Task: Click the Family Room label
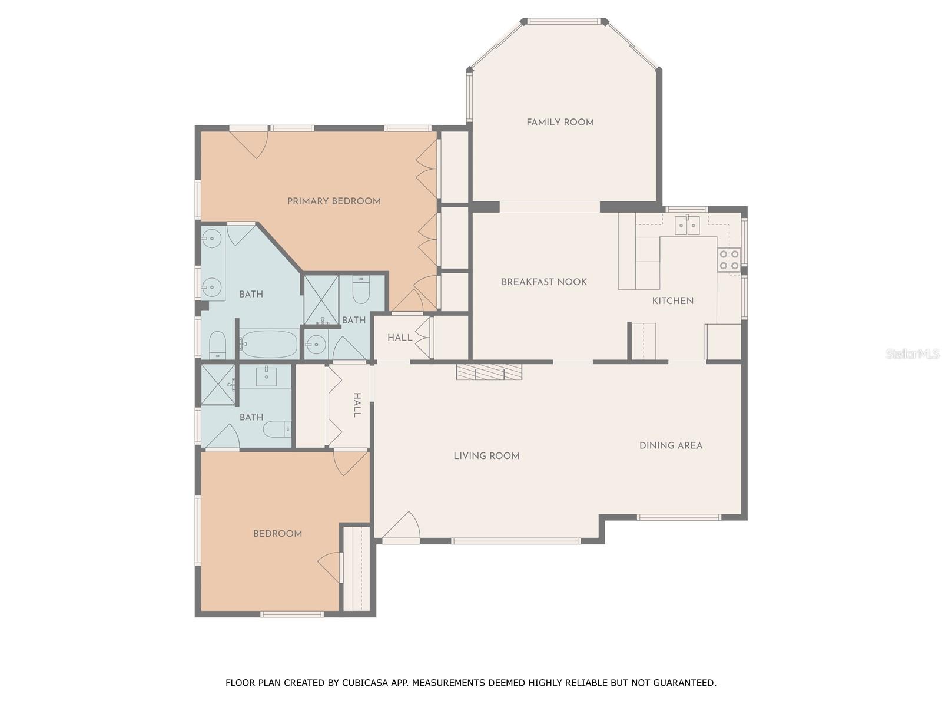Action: [560, 122]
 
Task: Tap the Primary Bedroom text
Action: [334, 201]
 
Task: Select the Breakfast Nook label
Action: [544, 282]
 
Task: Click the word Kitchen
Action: [672, 300]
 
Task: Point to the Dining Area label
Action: [671, 445]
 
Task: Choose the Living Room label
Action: [486, 455]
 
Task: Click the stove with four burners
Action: [729, 260]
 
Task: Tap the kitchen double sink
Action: [686, 225]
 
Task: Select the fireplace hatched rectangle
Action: [489, 372]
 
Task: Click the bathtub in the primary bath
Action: [268, 344]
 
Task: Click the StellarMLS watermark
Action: [912, 353]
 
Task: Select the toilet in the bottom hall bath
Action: [277, 428]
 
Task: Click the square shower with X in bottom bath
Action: [218, 385]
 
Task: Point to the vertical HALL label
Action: [357, 405]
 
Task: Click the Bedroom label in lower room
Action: [277, 533]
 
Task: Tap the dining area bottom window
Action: [678, 517]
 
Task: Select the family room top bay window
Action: [563, 22]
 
